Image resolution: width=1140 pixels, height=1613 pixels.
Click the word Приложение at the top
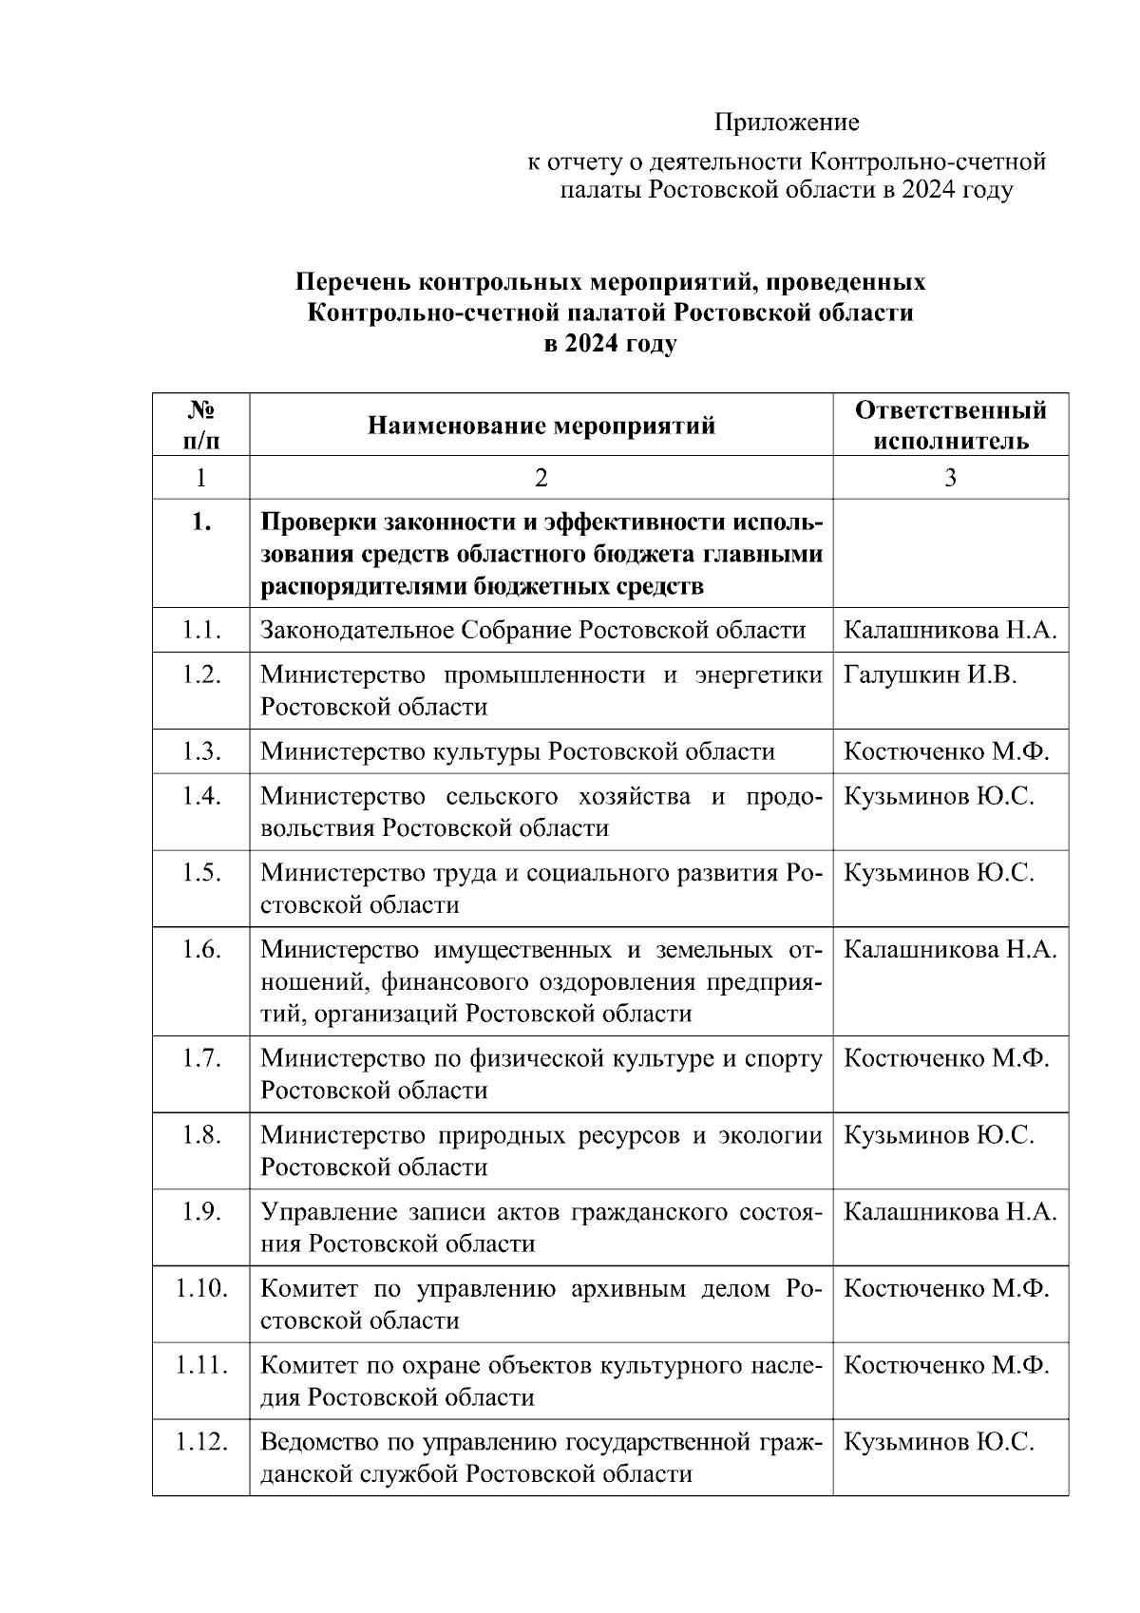(787, 123)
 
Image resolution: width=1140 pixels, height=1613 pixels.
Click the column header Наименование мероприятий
(541, 426)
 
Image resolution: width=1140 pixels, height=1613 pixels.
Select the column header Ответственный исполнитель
(950, 426)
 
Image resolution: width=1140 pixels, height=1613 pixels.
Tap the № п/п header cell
(200, 426)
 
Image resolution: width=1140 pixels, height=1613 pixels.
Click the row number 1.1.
(201, 630)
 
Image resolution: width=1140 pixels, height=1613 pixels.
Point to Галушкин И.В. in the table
(930, 675)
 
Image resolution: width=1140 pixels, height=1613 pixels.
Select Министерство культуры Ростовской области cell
(518, 752)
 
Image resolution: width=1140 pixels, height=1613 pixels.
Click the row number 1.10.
(201, 1289)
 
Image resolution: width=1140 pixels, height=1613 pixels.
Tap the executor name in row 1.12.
(939, 1443)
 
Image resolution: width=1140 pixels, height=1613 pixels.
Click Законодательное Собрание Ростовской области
(533, 631)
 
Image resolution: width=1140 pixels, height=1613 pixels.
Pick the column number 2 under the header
(541, 478)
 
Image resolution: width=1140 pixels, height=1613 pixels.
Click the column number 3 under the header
(950, 478)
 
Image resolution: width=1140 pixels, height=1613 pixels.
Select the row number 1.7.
(201, 1058)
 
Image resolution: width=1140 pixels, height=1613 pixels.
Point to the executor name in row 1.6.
(950, 950)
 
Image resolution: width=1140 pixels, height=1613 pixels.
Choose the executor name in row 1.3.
(946, 752)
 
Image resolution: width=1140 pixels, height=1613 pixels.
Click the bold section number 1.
(200, 523)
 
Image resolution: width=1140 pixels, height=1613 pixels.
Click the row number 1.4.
(201, 796)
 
